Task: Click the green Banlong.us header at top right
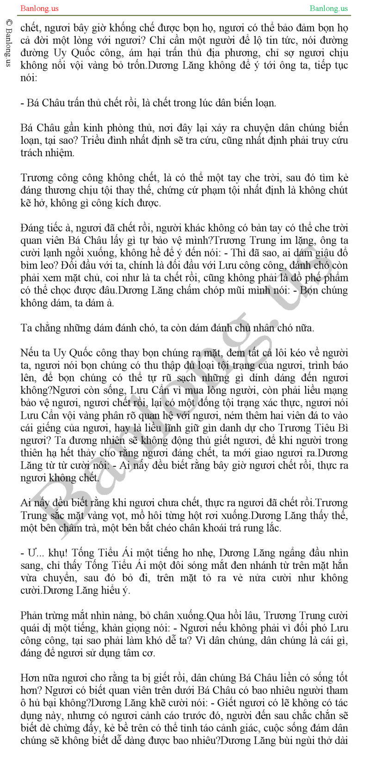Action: coord(328,8)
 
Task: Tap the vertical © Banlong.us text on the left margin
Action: coord(8,43)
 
